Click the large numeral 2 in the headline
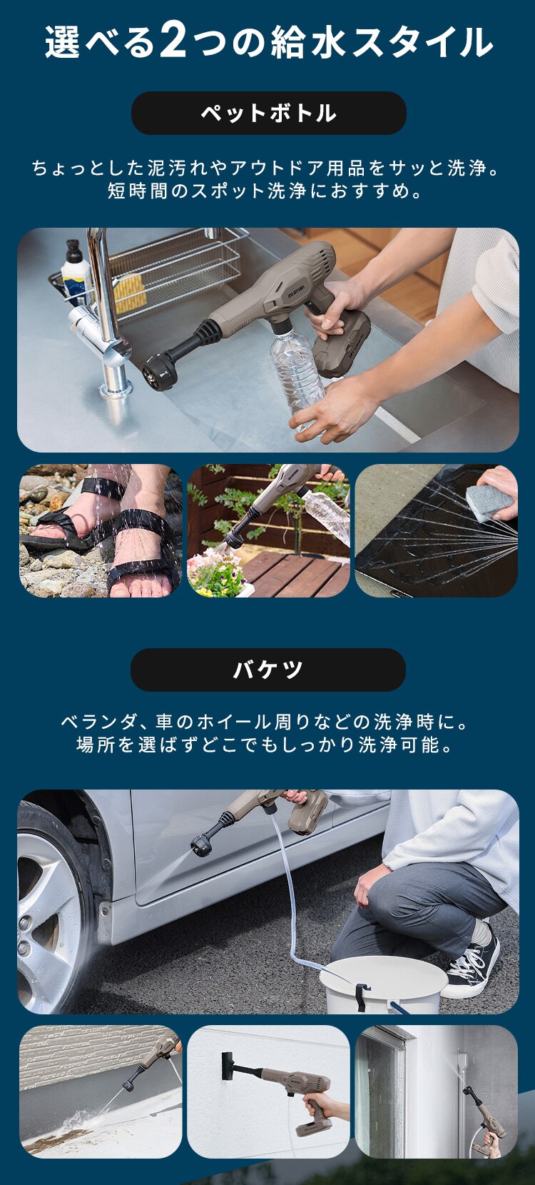(x=173, y=41)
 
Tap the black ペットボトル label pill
(x=268, y=113)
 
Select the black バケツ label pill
(x=267, y=670)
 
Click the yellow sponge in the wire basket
(x=130, y=293)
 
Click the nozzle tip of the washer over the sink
(x=158, y=371)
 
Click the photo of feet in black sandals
(x=101, y=530)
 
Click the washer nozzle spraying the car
(x=202, y=845)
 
